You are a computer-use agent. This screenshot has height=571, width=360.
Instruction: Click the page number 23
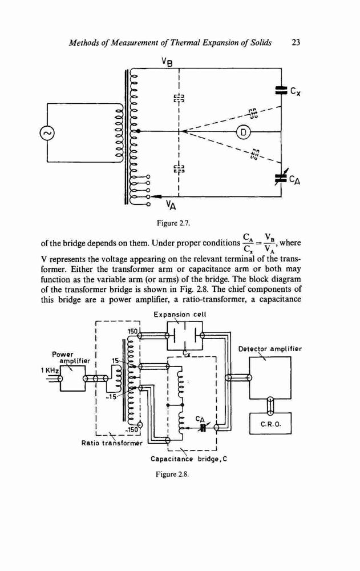(x=296, y=43)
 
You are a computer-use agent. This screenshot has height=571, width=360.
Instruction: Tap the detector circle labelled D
(x=244, y=132)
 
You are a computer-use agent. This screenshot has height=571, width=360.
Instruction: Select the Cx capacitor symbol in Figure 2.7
(x=280, y=90)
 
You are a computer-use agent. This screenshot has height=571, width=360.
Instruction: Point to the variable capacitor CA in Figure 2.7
(x=281, y=177)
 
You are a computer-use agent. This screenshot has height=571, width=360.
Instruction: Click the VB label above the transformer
(x=167, y=62)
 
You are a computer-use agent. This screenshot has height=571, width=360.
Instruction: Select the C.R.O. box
(x=270, y=423)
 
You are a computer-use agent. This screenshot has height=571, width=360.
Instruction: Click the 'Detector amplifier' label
(x=270, y=349)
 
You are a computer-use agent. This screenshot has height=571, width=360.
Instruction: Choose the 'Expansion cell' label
(x=180, y=314)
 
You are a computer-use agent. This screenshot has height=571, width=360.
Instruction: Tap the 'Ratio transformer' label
(x=112, y=443)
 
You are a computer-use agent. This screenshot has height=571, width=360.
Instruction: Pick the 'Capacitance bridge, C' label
(x=189, y=459)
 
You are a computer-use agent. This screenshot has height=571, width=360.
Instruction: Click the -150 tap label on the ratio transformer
(x=132, y=430)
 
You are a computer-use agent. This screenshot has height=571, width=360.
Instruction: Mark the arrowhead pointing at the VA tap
(x=156, y=196)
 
